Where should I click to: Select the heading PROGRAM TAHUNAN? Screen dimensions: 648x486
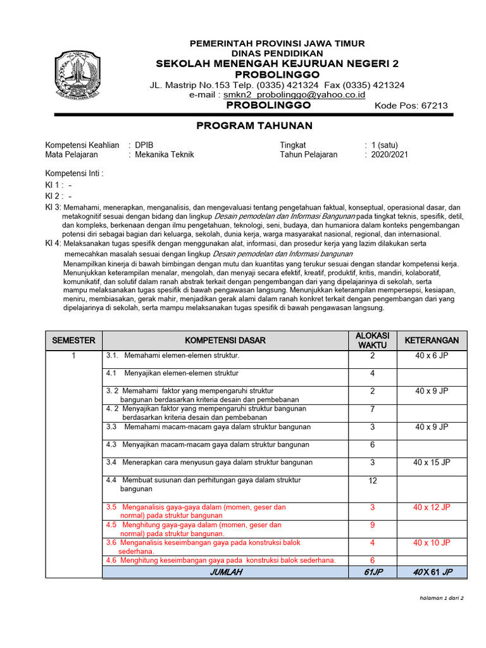click(254, 126)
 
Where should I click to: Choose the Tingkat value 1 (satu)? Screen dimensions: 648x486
click(385, 145)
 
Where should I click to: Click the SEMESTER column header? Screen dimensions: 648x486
click(73, 340)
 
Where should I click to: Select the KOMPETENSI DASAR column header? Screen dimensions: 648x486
click(225, 340)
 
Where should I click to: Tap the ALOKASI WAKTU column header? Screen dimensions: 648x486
click(372, 340)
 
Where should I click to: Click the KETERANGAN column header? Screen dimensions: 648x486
click(432, 340)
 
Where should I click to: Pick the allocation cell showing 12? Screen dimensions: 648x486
click(372, 481)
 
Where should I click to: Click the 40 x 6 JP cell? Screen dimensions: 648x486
click(432, 356)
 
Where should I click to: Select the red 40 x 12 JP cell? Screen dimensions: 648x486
click(432, 507)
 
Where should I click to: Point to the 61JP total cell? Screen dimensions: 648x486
click(372, 572)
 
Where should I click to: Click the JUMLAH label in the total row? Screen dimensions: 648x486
click(225, 572)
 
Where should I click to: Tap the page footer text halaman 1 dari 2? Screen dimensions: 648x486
click(441, 597)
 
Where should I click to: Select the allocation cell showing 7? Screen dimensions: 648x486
click(372, 409)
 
